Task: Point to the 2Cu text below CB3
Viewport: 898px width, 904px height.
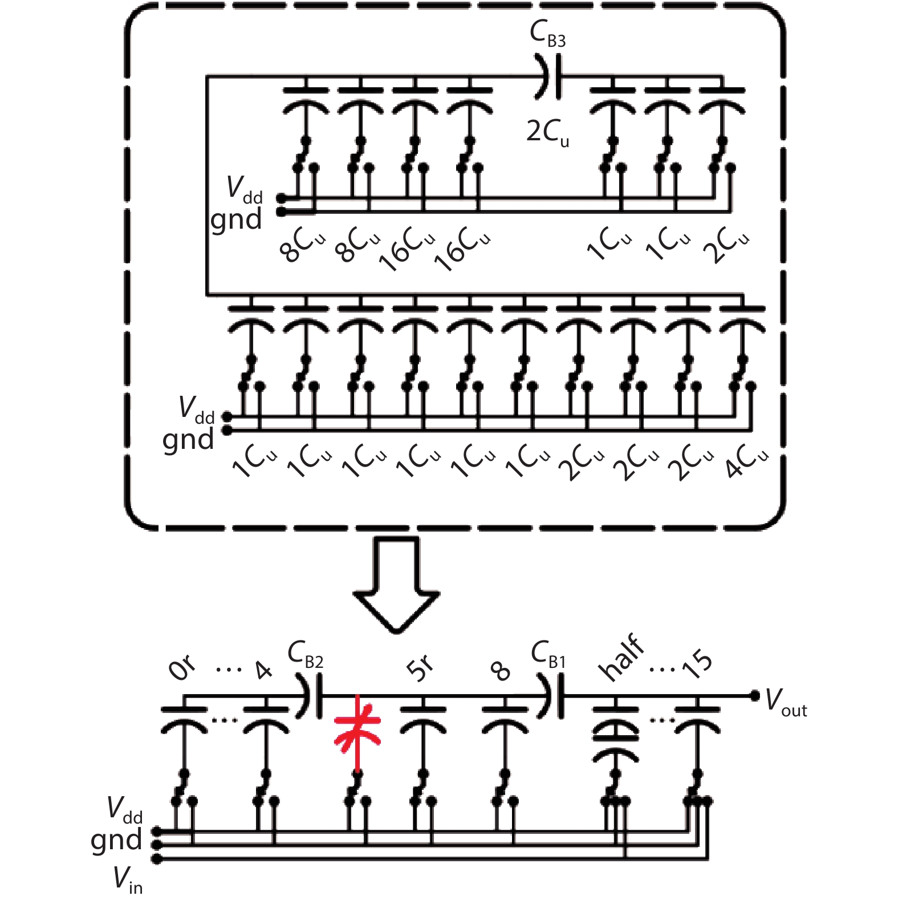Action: coord(547,133)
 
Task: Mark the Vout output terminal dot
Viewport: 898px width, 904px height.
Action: coord(754,695)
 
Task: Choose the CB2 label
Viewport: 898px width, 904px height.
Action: coord(306,654)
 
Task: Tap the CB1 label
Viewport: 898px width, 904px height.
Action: coord(548,654)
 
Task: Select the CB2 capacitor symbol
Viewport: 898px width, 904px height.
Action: coord(311,695)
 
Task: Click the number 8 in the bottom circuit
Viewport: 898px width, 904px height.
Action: coord(500,671)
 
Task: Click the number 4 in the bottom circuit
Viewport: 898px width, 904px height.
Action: coord(263,670)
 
